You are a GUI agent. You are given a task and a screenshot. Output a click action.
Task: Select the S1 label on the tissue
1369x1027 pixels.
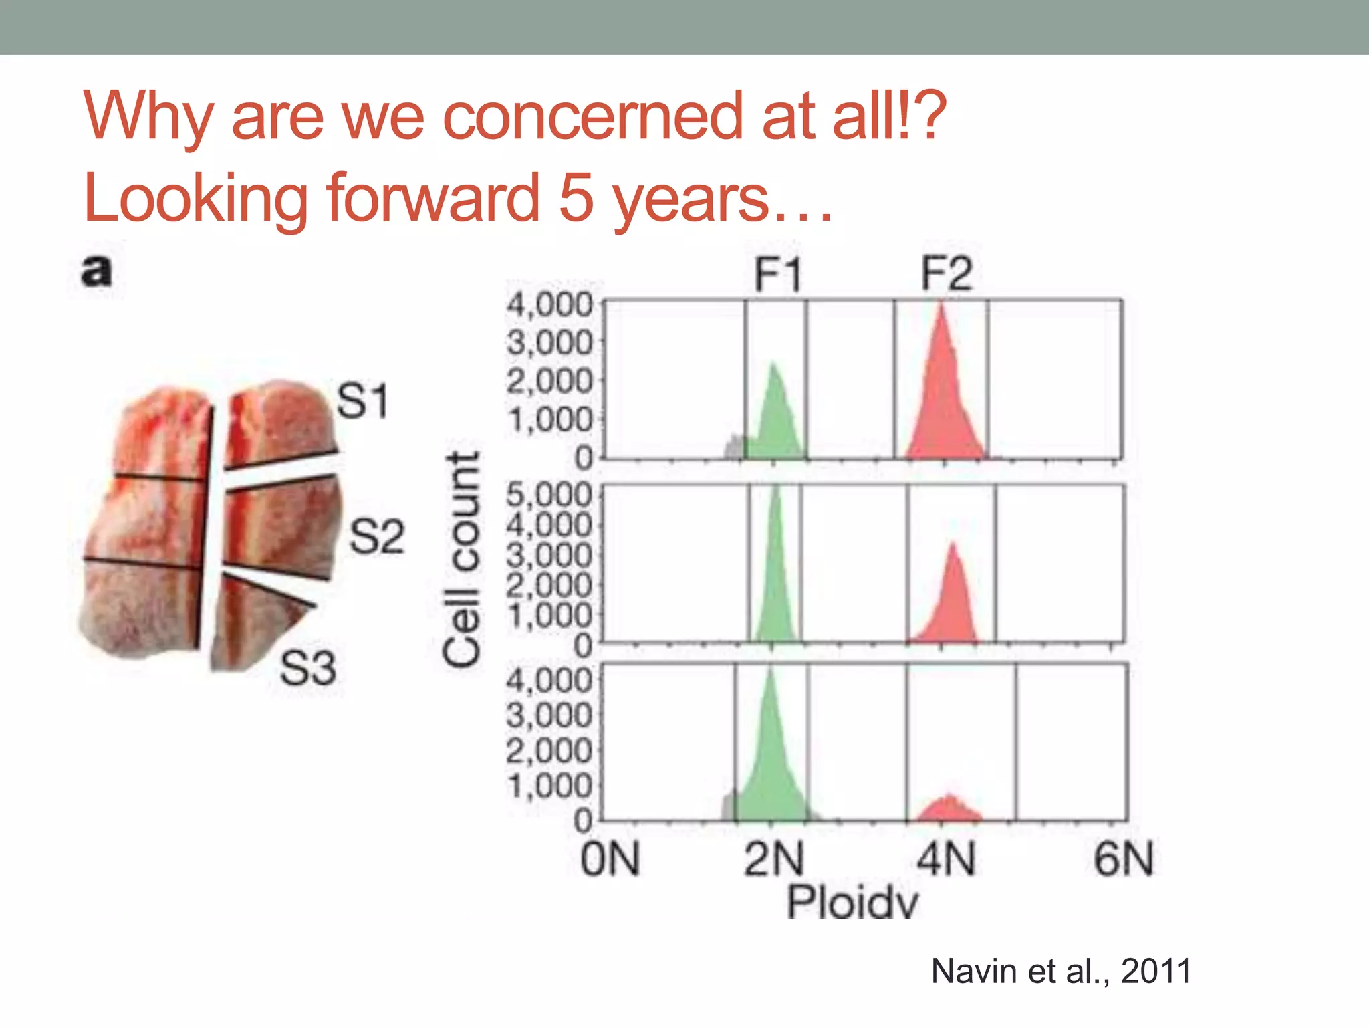pyautogui.click(x=362, y=401)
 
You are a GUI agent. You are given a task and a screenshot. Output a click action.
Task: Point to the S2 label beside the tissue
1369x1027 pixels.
pyautogui.click(x=377, y=536)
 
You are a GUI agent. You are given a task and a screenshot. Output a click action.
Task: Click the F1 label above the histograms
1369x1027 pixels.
pyautogui.click(x=777, y=274)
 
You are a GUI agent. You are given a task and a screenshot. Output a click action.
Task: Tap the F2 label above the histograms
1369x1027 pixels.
pyautogui.click(x=946, y=274)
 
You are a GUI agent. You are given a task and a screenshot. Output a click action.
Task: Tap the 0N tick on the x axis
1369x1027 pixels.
pyautogui.click(x=610, y=860)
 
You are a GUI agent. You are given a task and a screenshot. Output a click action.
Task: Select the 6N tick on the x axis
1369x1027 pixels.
pyautogui.click(x=1124, y=860)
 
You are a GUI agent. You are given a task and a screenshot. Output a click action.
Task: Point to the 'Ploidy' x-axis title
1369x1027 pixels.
pyautogui.click(x=852, y=903)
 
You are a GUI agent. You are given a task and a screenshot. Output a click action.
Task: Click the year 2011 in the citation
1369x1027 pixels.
pyautogui.click(x=1156, y=971)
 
